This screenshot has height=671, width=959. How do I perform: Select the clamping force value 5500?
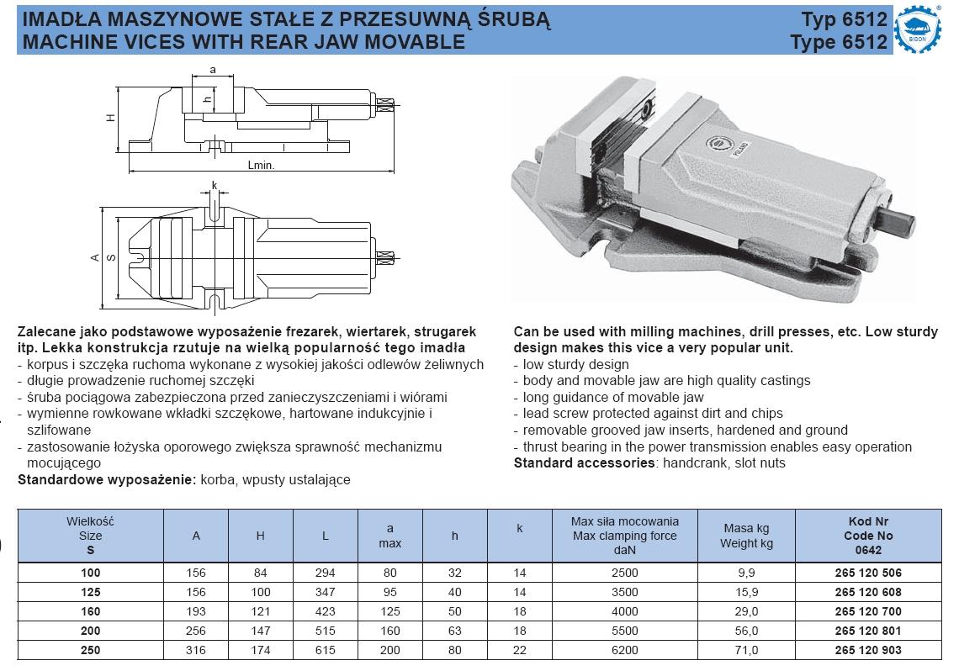(624, 631)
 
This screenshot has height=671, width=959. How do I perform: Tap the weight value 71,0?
(746, 650)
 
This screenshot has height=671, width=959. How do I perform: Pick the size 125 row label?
(90, 592)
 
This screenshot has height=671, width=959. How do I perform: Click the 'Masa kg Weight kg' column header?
(746, 536)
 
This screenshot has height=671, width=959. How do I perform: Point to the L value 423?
(326, 611)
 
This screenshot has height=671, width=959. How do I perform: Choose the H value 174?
(261, 650)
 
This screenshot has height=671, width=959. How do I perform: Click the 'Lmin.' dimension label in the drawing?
(262, 166)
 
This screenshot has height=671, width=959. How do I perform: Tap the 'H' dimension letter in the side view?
(109, 119)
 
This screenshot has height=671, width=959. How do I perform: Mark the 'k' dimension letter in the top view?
(215, 185)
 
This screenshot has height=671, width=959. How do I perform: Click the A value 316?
(196, 650)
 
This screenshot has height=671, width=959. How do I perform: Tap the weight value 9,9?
(746, 573)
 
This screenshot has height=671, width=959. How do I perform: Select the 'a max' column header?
(389, 536)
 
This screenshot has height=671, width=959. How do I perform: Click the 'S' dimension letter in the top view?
(111, 257)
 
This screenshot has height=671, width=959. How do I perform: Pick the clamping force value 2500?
(624, 573)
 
